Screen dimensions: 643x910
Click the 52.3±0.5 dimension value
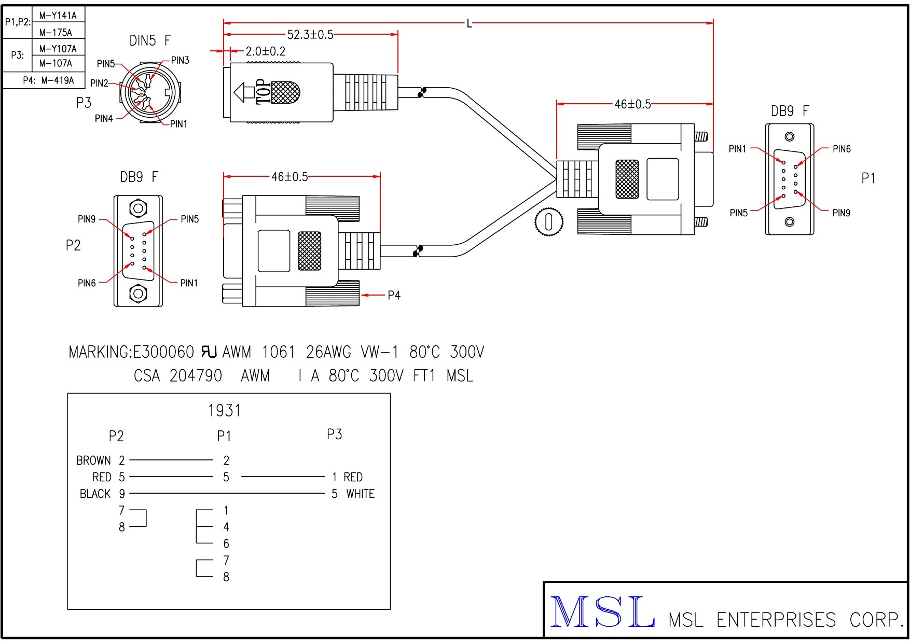click(310, 35)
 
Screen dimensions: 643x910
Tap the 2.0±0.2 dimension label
click(265, 51)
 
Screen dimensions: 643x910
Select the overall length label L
click(469, 23)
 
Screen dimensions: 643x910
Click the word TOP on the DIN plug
click(264, 92)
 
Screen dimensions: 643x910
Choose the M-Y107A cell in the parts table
click(58, 49)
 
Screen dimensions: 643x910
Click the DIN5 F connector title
click(150, 40)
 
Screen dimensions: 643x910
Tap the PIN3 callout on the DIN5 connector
click(180, 60)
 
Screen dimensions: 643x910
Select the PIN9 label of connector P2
click(87, 219)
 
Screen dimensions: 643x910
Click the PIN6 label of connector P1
click(842, 149)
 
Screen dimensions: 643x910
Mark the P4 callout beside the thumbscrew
click(394, 296)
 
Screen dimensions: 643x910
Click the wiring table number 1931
click(224, 411)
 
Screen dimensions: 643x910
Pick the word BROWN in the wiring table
click(93, 460)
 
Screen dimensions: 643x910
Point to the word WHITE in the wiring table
click(361, 494)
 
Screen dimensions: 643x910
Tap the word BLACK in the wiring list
click(95, 494)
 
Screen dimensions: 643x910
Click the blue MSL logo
click(602, 612)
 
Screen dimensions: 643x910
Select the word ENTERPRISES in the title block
click(776, 620)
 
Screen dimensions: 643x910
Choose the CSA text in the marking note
click(147, 375)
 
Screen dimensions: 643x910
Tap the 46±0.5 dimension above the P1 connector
click(632, 104)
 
